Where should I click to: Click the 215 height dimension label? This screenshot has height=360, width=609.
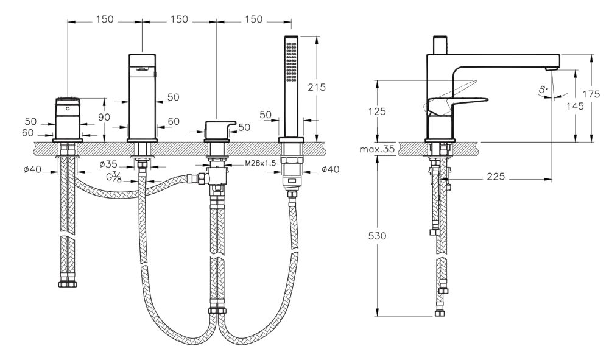[317, 87]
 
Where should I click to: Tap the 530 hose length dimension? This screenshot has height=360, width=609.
[377, 236]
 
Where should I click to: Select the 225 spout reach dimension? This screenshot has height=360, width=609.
[496, 177]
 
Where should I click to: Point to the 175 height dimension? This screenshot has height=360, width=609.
[591, 94]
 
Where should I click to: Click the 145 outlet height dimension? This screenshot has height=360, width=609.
[575, 106]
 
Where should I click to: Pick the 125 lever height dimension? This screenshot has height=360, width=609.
[377, 111]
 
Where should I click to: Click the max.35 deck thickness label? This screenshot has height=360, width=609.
[377, 149]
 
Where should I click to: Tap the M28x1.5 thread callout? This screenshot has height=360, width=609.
[260, 163]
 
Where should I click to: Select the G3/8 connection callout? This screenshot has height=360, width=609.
[114, 177]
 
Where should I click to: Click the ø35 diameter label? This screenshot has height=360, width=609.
[108, 164]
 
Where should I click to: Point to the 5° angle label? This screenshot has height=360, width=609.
[544, 90]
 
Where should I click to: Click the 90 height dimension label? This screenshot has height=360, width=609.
[104, 117]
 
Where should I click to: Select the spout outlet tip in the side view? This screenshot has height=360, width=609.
[551, 69]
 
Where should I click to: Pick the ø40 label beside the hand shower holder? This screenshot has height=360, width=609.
[331, 169]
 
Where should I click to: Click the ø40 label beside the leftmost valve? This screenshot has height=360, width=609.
[33, 169]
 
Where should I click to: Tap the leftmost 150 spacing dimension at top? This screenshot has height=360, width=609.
[104, 19]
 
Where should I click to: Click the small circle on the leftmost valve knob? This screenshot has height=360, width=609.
[68, 109]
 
